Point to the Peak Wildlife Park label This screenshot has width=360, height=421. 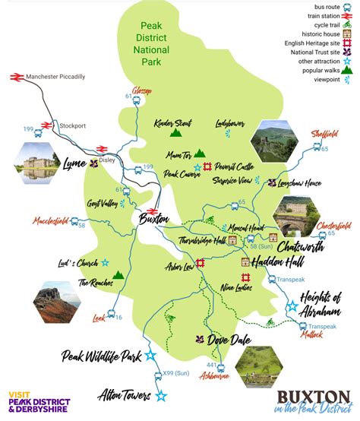[102, 355]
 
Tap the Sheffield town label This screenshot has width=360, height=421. [324, 133]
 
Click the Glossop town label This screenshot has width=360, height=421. [142, 91]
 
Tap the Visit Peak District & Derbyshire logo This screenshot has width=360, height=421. [38, 400]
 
